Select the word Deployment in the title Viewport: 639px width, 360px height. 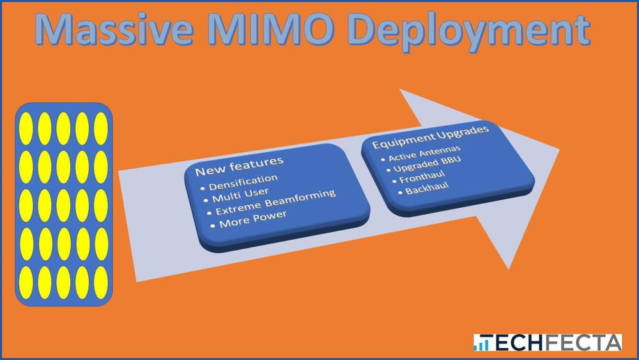(468, 33)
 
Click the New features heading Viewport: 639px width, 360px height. (239, 166)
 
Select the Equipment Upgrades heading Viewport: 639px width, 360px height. (430, 137)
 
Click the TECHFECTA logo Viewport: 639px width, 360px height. (548, 343)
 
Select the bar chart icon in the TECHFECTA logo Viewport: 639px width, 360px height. (482, 343)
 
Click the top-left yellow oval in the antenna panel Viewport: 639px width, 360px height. (26, 129)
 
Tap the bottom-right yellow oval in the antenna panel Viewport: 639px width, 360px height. (101, 283)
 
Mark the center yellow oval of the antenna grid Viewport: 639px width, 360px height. (63, 205)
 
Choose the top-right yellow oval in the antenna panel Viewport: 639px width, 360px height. (101, 129)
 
